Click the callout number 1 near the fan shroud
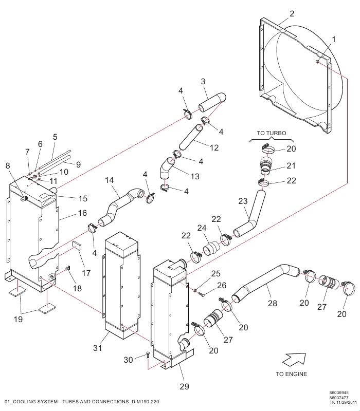point(333,39)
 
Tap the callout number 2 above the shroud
point(292,13)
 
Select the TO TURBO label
point(272,133)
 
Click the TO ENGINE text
point(292,374)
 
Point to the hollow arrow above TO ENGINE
point(294,357)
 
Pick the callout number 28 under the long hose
point(272,304)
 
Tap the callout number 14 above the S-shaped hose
point(110,180)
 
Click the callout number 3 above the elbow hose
point(203,82)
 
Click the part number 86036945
point(339,392)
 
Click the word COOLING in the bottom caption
point(26,401)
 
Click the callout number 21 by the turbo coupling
point(291,165)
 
